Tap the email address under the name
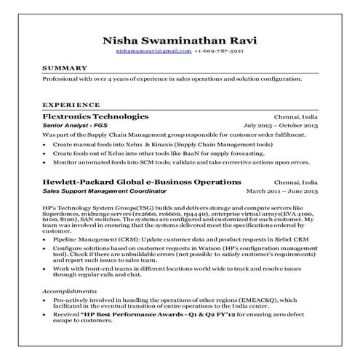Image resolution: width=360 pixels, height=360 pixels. click(x=153, y=52)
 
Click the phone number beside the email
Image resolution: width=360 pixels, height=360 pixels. click(x=219, y=52)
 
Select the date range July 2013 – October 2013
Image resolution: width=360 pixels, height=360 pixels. click(x=281, y=126)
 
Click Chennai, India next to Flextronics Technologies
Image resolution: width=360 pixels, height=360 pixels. click(x=296, y=116)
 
